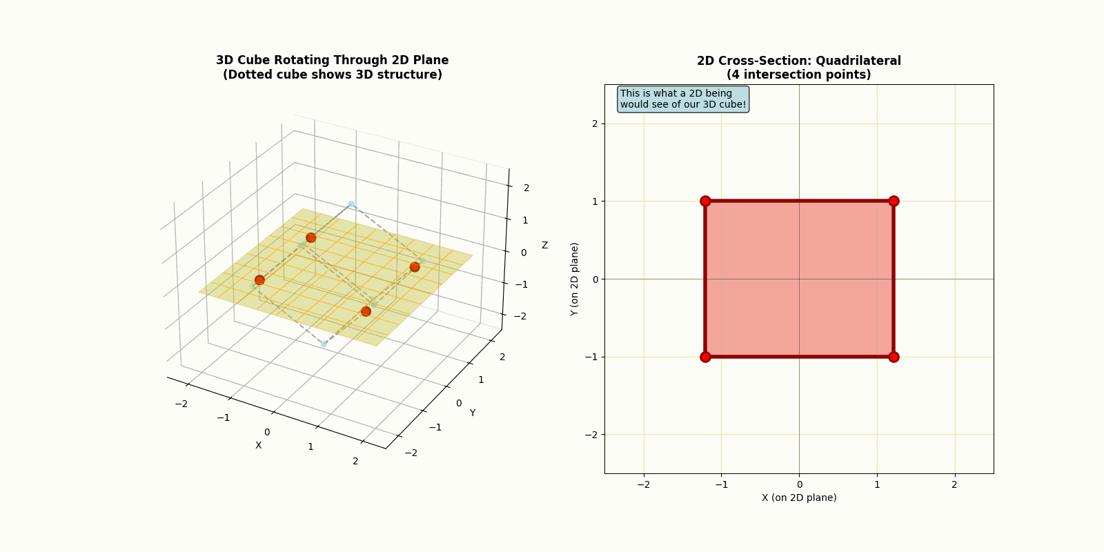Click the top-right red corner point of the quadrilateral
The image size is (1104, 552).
[894, 201]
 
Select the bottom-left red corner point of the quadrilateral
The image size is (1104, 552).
[705, 357]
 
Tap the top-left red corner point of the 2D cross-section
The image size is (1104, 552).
[705, 201]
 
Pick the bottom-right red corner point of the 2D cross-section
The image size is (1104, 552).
[894, 357]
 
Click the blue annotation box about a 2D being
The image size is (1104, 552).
[682, 99]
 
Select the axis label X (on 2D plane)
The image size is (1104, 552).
[798, 497]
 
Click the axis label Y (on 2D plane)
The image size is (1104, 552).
[574, 279]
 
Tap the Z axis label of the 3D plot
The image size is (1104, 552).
[544, 245]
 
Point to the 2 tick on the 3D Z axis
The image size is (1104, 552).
[526, 188]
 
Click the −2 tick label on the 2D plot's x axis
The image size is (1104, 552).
[643, 484]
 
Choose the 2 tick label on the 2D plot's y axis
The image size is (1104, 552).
[594, 124]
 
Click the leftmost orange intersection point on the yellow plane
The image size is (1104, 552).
[259, 279]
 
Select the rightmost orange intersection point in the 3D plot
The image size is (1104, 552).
[415, 267]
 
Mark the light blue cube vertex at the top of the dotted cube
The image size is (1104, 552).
[351, 204]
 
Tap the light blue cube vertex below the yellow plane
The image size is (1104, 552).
[324, 344]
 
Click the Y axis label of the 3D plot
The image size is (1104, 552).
[473, 413]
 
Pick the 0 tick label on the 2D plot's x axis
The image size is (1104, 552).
[799, 484]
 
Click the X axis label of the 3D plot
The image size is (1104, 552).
[259, 445]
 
